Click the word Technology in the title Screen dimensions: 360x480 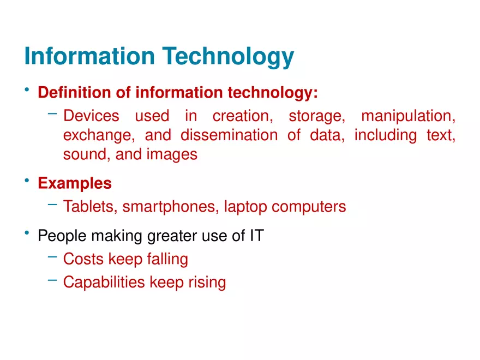point(229,57)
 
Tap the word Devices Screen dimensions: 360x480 point(91,116)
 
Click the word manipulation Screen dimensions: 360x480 point(408,116)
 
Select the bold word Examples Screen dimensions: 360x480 point(75,183)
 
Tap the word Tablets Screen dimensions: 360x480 point(88,207)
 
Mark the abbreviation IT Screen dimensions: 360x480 point(257,236)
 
